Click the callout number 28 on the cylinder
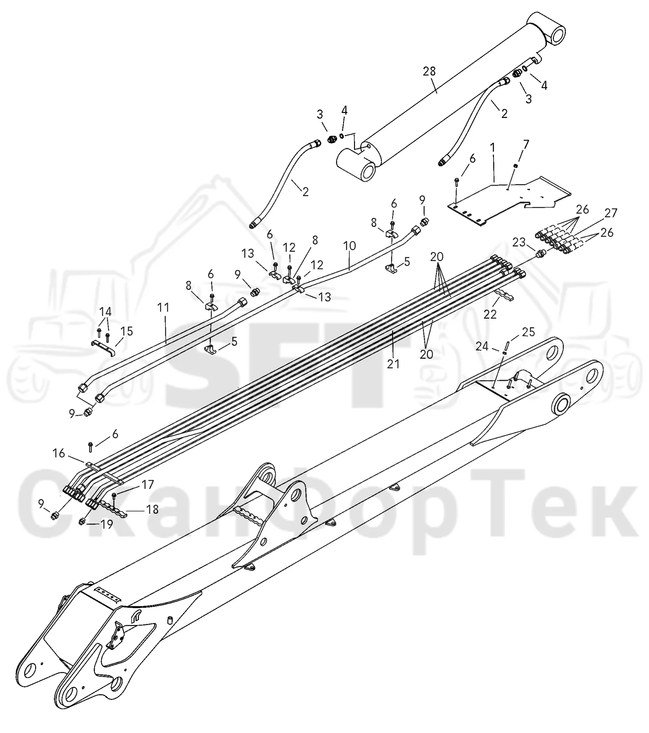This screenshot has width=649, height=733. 429,71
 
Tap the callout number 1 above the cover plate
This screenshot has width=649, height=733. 492,148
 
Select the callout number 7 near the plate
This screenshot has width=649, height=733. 526,144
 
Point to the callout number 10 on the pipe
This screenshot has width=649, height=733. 349,246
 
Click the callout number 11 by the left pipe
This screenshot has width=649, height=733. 163,307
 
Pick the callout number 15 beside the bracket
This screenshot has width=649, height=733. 127,331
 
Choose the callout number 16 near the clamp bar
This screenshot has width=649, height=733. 59,453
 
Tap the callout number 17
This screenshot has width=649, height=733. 148,484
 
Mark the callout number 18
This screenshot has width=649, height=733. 152,509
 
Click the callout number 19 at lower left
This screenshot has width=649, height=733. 106,524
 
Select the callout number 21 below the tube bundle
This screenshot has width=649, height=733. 393,364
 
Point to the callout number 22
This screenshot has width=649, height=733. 490,314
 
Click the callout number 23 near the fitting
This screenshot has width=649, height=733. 519,242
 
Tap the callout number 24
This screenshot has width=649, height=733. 482,347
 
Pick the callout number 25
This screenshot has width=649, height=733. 528,332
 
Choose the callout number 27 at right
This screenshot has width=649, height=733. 610,213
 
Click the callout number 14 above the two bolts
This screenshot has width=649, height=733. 105,312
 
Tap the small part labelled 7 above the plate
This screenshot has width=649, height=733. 515,165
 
